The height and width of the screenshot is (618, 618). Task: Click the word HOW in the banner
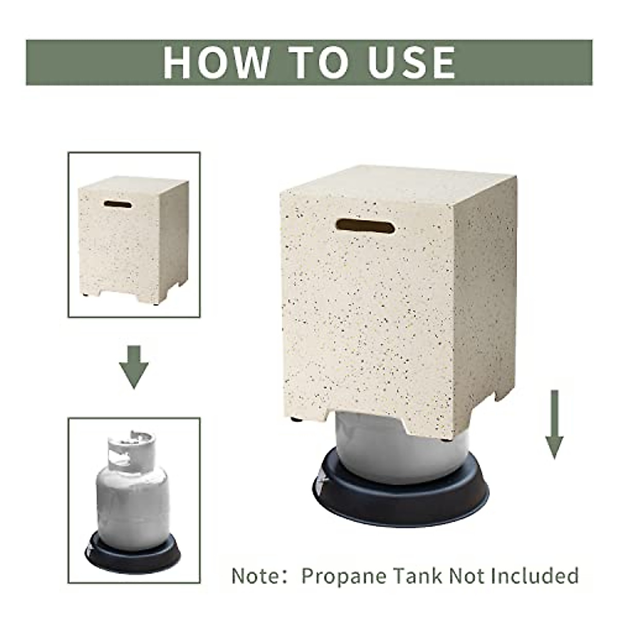point(216,63)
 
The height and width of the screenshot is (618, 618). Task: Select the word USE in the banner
point(412,63)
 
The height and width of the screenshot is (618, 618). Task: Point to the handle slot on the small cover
point(117,204)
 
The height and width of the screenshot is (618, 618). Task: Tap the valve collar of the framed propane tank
point(131,446)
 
